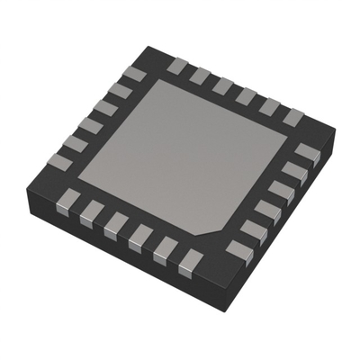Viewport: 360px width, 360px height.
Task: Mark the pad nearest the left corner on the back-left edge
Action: click(59, 162)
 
